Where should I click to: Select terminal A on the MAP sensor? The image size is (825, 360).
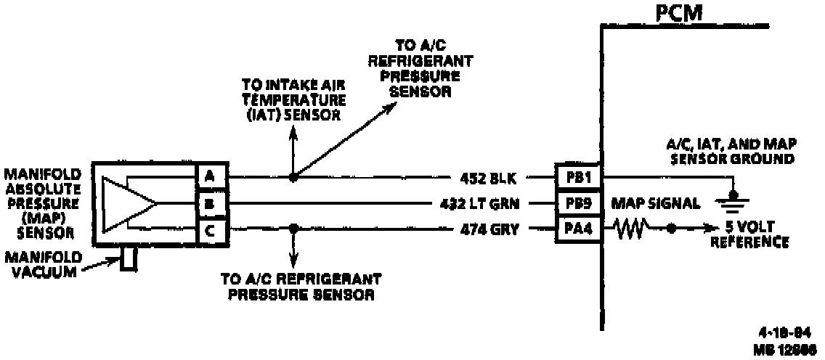pyautogui.click(x=208, y=176)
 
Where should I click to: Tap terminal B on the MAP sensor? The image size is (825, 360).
pyautogui.click(x=208, y=204)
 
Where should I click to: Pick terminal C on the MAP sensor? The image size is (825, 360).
pyautogui.click(x=208, y=231)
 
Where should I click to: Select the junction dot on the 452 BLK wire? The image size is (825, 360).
pyautogui.click(x=293, y=176)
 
